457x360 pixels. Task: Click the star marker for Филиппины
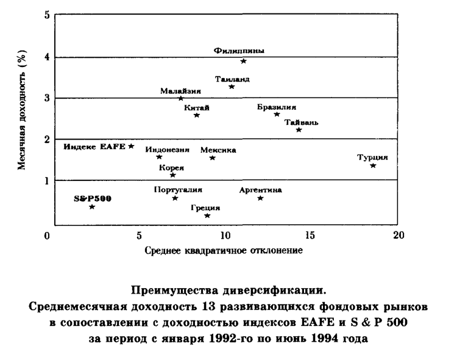pyautogui.click(x=244, y=61)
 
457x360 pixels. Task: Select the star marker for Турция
pyautogui.click(x=373, y=166)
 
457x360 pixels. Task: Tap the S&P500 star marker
pyautogui.click(x=92, y=206)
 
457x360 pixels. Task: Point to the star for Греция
pyautogui.click(x=207, y=216)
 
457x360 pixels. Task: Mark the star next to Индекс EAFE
pyautogui.click(x=131, y=146)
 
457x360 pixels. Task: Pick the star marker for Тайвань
pyautogui.click(x=299, y=130)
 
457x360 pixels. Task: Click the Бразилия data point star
pyautogui.click(x=277, y=114)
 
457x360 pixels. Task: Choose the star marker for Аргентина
pyautogui.click(x=261, y=199)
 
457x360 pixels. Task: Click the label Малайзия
pyautogui.click(x=181, y=91)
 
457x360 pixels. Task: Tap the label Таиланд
pyautogui.click(x=232, y=79)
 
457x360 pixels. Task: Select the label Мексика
pyautogui.click(x=218, y=150)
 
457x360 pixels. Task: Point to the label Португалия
pyautogui.click(x=178, y=190)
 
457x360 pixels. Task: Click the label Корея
pyautogui.click(x=172, y=168)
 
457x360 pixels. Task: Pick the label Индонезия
pyautogui.click(x=168, y=150)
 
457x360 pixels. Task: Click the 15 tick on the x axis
pyautogui.click(x=310, y=235)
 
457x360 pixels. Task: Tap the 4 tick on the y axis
pyautogui.click(x=47, y=57)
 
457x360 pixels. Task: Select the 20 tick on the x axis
pyautogui.click(x=399, y=235)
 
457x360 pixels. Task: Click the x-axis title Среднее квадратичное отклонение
pyautogui.click(x=224, y=250)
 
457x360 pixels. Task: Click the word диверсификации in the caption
pyautogui.click(x=275, y=291)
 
